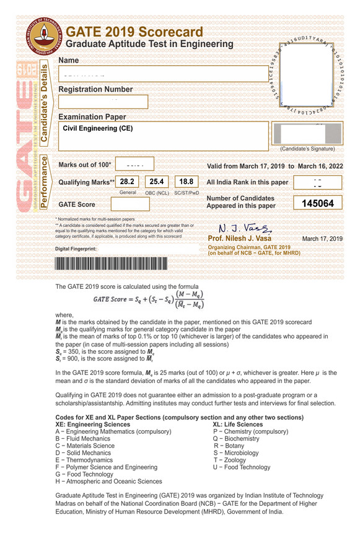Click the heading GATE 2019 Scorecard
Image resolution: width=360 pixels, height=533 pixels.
(x=134, y=32)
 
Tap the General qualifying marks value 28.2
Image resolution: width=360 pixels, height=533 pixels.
(x=127, y=182)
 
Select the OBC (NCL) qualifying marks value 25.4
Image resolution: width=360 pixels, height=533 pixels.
(x=157, y=182)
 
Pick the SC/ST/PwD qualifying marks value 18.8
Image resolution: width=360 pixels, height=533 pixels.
(x=186, y=182)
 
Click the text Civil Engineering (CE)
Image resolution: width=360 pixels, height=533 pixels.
(x=98, y=128)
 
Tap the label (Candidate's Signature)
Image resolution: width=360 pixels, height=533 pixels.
(x=307, y=149)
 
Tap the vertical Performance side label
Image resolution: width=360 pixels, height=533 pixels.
(x=45, y=182)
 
